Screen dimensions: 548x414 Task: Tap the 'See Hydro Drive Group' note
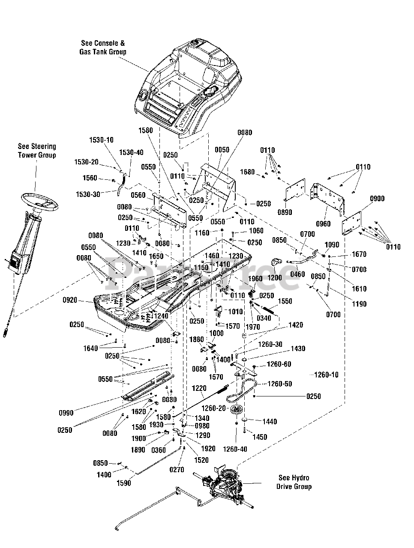coord(294,482)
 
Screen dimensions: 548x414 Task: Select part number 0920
coord(69,300)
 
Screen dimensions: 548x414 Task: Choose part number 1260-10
coord(326,375)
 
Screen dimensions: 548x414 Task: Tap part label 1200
coord(275,277)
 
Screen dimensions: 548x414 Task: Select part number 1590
coord(124,483)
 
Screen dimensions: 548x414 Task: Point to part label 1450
coord(260,437)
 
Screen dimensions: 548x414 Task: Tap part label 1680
coord(247,172)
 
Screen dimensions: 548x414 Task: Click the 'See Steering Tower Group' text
coord(37,151)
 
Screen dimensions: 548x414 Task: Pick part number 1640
coord(91,348)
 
